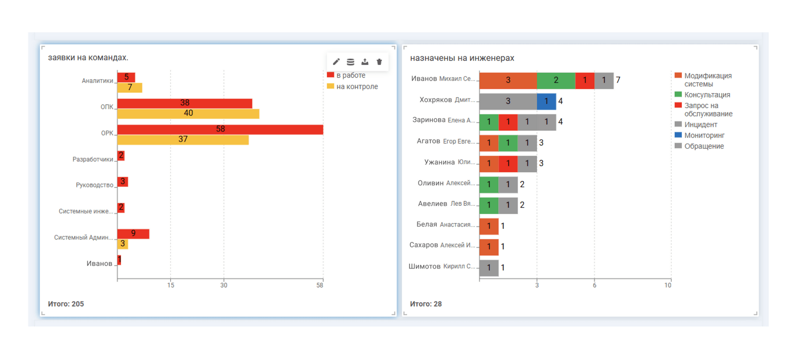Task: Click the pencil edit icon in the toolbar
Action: tap(336, 62)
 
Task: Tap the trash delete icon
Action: tap(379, 62)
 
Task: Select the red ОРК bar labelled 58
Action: tap(220, 129)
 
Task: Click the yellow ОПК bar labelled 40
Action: tap(188, 113)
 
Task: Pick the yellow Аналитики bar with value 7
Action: tap(130, 88)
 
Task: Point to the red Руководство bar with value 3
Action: tap(123, 182)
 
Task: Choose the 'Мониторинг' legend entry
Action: tap(704, 135)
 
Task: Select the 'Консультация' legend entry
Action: tap(707, 95)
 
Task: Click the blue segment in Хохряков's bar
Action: tap(546, 101)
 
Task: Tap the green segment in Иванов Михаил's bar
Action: tap(556, 80)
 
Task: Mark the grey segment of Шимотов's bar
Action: tap(489, 267)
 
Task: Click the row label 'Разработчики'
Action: tap(93, 159)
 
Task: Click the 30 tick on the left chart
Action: tap(224, 285)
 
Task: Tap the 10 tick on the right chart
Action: tap(668, 285)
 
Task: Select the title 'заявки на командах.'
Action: tap(88, 58)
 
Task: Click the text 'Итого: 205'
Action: tap(66, 304)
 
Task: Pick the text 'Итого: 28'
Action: tap(426, 304)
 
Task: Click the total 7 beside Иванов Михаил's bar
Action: tap(618, 80)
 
